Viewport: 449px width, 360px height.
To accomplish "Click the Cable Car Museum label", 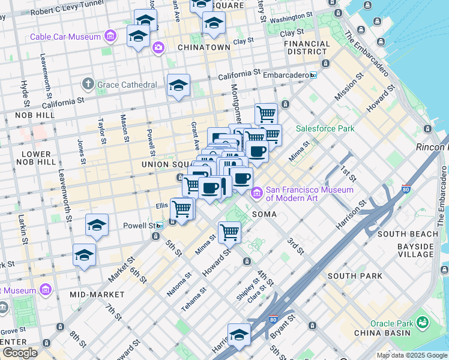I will point(65,37).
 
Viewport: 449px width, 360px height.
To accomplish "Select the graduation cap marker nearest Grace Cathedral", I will point(179,86).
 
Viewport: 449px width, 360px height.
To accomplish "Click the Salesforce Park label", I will point(325,128).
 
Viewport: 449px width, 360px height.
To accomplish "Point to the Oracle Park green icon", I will point(423,323).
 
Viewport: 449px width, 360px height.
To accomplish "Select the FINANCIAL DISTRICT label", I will point(307,47).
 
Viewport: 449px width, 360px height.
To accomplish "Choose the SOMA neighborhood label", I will point(264,214).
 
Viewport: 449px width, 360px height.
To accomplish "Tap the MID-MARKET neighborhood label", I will point(97,295).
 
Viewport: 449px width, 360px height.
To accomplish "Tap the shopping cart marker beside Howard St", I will point(229,232).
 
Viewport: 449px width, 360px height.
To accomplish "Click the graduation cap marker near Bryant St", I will point(239,335).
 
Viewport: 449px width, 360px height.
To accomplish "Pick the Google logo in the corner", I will point(20,353).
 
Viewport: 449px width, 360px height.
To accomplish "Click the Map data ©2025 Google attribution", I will point(412,355).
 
